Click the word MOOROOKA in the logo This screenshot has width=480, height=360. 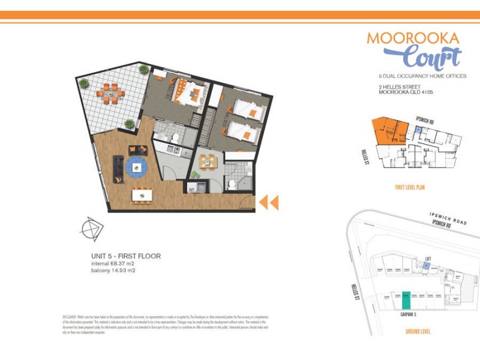[x=413, y=38]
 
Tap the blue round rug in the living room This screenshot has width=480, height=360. [x=137, y=166]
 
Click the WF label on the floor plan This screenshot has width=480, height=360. [x=193, y=190]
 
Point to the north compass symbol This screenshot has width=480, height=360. [x=92, y=229]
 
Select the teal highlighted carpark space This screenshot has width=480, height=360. [x=406, y=299]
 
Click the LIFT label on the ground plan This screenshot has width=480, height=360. [x=428, y=259]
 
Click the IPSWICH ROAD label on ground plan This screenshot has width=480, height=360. [x=448, y=218]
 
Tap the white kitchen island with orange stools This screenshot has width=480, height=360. [x=142, y=194]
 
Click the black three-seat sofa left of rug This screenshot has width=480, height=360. [x=118, y=166]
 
